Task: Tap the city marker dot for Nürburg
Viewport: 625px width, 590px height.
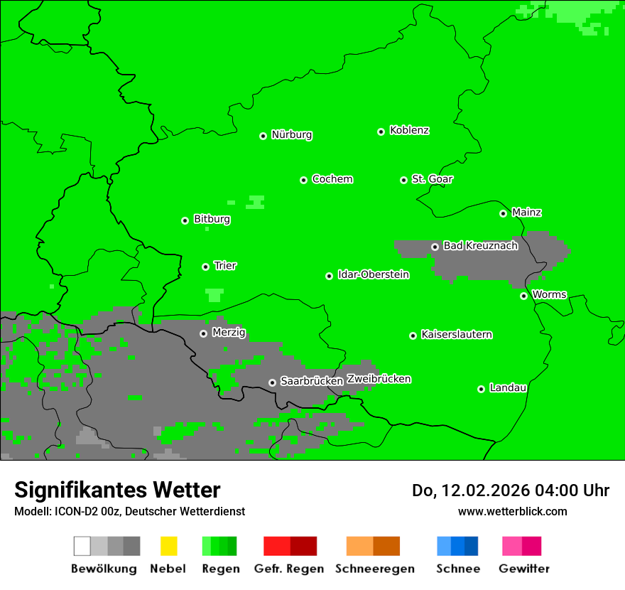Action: click(x=263, y=136)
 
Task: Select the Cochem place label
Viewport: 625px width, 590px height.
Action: click(x=332, y=179)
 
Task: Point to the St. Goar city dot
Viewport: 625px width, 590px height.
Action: click(x=403, y=180)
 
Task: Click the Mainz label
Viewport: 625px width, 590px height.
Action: click(x=526, y=213)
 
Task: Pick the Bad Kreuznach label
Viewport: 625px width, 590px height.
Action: click(x=480, y=246)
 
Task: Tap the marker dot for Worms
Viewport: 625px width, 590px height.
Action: click(x=523, y=296)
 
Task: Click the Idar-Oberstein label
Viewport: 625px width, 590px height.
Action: click(x=373, y=275)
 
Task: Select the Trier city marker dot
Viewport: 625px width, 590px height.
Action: click(x=205, y=267)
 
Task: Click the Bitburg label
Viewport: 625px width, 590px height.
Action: click(x=212, y=220)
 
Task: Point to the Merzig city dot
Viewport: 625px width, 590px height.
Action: click(x=203, y=333)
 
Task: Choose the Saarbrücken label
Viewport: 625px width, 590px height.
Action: click(x=311, y=382)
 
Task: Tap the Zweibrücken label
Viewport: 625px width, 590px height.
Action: click(x=379, y=380)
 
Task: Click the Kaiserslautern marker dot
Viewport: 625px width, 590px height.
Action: click(x=413, y=336)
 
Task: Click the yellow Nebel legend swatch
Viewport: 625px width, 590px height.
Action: click(x=168, y=546)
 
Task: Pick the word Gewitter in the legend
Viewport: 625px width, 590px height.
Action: click(x=524, y=569)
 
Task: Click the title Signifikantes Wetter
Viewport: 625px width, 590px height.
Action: click(x=117, y=490)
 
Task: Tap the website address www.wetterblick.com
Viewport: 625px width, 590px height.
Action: click(x=512, y=511)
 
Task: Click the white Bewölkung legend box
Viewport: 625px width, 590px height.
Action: click(x=82, y=546)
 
